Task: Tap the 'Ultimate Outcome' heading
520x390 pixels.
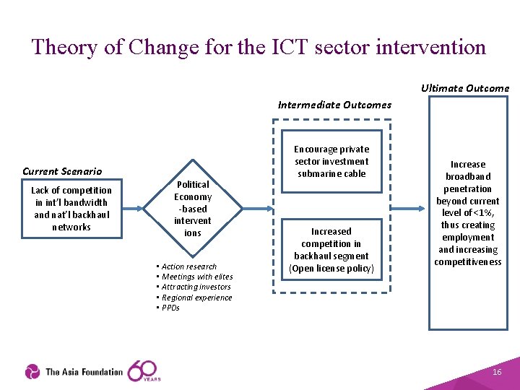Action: pos(465,88)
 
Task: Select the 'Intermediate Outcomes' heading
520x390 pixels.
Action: pos(334,105)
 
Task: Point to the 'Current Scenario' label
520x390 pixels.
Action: pos(62,171)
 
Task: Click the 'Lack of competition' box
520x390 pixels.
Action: pos(71,209)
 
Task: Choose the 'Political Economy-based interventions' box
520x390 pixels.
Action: pos(193,209)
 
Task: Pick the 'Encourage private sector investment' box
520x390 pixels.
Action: pos(331,162)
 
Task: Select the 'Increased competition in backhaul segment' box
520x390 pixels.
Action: pos(331,250)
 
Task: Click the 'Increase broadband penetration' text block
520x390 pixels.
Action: pos(468,213)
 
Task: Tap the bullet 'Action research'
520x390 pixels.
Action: pos(188,266)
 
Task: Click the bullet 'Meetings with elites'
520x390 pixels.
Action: pos(196,277)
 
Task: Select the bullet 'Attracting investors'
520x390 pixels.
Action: pos(196,287)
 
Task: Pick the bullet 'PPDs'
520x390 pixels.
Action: pos(170,308)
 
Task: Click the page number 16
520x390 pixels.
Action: pos(497,371)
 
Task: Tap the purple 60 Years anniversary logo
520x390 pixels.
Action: pos(144,370)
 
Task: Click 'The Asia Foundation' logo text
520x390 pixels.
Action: pos(84,372)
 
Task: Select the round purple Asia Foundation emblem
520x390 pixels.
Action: pos(32,372)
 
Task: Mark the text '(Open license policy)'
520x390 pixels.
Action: pos(331,269)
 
